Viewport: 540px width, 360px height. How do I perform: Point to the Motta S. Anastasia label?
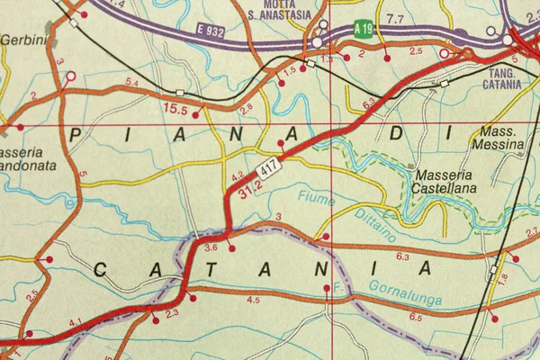[x=275, y=8]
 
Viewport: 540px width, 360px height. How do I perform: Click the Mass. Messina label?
[x=497, y=138]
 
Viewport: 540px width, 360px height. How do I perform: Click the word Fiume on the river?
[x=316, y=197]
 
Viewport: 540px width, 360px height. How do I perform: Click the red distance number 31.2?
[x=251, y=189]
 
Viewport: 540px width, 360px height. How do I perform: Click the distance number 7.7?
[x=394, y=18]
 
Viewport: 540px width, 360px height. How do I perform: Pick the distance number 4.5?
[x=253, y=300]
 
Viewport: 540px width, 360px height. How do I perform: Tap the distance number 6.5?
[x=415, y=318]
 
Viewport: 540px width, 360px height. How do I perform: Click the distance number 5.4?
[x=131, y=82]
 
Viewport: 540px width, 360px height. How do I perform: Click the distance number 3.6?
[x=211, y=247]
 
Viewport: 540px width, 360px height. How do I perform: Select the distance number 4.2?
[x=238, y=175]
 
